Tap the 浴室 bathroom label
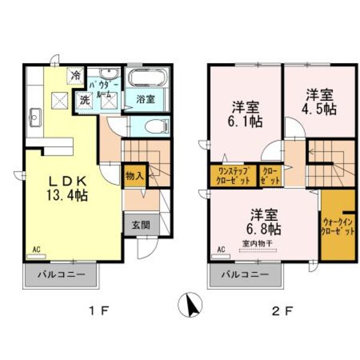tap(145, 98)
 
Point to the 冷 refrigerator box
tap(76, 76)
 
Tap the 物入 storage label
tap(134, 176)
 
